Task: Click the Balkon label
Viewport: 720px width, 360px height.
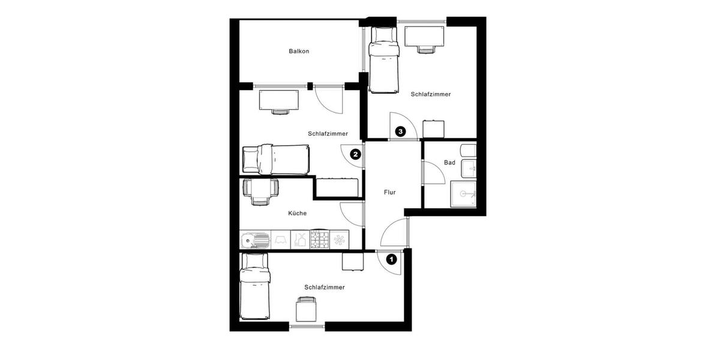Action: click(x=299, y=51)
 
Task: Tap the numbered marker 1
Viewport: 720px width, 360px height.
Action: click(x=392, y=259)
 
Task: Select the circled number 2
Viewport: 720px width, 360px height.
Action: click(x=355, y=154)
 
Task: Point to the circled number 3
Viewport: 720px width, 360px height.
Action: click(x=400, y=130)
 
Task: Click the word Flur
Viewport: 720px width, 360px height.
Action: click(x=389, y=193)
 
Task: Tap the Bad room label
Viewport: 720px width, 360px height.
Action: click(x=449, y=163)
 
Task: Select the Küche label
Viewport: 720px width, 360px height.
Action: click(x=297, y=213)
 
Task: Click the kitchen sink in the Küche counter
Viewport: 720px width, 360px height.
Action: click(x=255, y=240)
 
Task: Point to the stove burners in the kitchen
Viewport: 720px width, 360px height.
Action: click(x=319, y=240)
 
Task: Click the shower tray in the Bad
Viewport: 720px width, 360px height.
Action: click(x=463, y=193)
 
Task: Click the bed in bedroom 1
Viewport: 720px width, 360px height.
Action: click(x=255, y=286)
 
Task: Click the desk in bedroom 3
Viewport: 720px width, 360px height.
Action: click(x=424, y=37)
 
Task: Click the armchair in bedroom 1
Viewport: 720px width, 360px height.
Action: click(x=307, y=310)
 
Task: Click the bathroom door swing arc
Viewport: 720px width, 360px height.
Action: click(x=433, y=175)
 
